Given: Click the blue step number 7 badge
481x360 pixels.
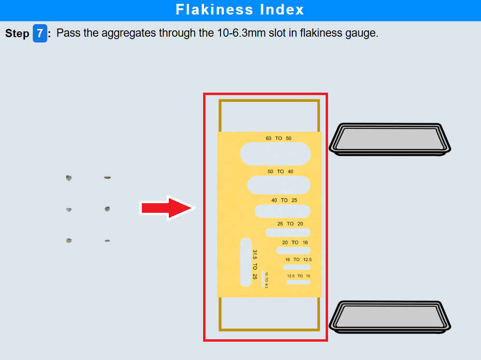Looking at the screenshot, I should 40,33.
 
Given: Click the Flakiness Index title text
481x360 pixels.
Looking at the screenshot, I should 240,10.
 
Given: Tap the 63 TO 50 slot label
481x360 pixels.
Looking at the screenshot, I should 278,138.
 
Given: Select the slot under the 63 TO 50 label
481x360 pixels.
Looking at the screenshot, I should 275,154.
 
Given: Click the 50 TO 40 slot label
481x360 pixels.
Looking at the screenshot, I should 280,172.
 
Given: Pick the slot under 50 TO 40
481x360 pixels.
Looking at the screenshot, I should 278,185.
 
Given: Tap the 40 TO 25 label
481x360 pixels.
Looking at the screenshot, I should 284,200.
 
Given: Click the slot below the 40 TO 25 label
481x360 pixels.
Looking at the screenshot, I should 282,211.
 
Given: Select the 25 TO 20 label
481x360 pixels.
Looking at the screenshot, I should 290,224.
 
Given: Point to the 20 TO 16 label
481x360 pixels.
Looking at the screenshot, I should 295,243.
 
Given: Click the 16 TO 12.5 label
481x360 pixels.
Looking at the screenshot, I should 298,260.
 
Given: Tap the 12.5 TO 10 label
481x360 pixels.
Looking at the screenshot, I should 299,276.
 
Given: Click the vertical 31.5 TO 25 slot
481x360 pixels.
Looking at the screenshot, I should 246,262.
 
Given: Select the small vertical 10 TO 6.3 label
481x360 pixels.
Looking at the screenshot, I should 266,280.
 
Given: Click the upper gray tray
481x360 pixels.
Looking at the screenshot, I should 389,138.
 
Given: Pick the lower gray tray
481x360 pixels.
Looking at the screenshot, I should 389,317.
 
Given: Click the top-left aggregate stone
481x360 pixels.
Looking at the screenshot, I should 69,178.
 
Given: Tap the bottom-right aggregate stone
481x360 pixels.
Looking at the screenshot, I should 107,240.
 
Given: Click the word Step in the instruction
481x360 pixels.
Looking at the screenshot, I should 17,34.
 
